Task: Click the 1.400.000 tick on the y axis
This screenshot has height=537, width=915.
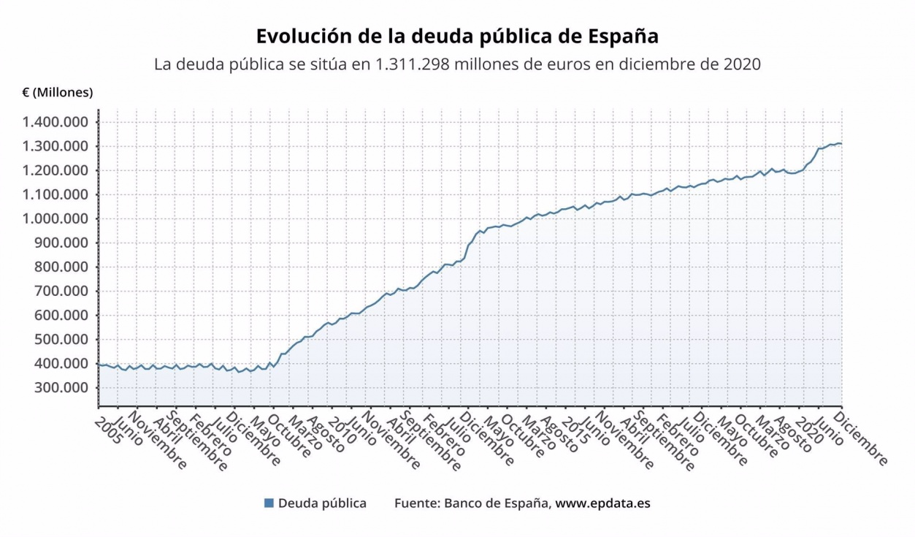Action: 56,122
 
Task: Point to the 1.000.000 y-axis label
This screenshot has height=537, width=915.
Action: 56,218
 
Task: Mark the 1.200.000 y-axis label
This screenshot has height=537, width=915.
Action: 56,170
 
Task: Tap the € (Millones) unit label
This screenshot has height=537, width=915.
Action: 58,93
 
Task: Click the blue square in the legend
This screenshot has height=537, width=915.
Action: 269,503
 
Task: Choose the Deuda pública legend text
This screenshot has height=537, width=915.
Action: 322,503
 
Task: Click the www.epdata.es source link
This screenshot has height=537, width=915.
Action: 603,503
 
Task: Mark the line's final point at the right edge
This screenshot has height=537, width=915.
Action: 841,143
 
